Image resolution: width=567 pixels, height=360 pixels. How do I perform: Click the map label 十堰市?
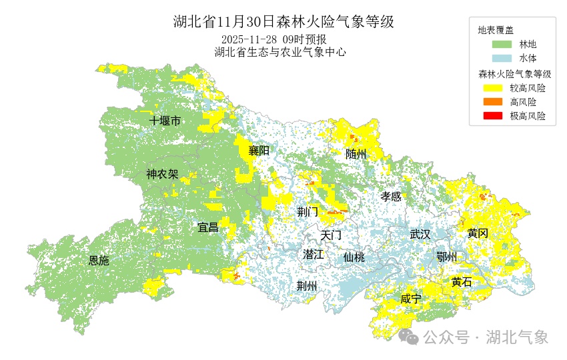tap(165, 121)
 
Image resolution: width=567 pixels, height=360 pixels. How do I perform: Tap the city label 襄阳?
tap(259, 151)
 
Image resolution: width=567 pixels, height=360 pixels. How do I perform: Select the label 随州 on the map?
tap(356, 154)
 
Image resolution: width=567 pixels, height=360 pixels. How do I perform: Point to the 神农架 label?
tap(162, 175)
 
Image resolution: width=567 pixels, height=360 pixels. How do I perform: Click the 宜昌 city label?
tap(208, 227)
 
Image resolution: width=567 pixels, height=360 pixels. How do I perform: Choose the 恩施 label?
tap(99, 261)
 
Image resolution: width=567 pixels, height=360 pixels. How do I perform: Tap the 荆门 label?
tap(308, 212)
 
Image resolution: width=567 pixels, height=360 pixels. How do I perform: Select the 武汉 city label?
tap(420, 234)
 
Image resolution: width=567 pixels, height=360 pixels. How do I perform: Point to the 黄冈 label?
tap(478, 233)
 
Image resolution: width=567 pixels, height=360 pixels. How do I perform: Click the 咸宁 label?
tap(411, 299)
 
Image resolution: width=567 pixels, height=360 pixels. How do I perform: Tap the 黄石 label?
tap(461, 282)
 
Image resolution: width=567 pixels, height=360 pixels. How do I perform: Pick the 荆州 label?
tap(307, 286)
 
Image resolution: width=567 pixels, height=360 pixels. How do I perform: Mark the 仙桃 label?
tap(354, 257)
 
